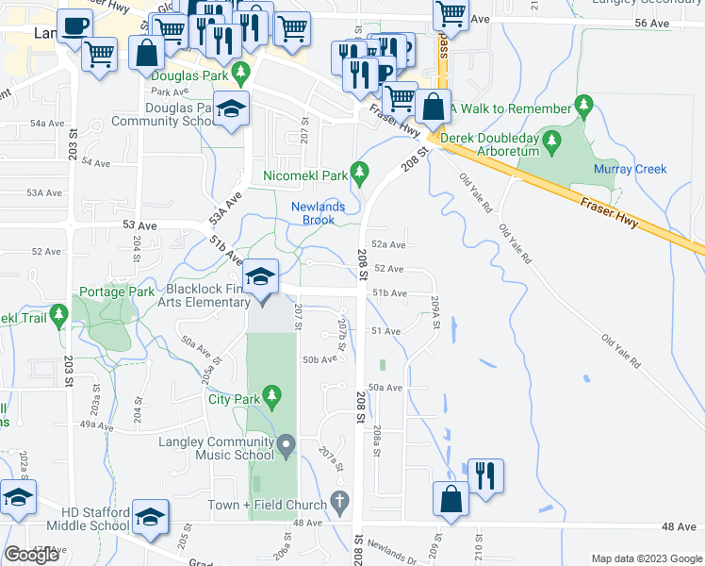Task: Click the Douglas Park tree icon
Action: tap(240, 71)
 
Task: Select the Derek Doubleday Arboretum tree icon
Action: tap(552, 143)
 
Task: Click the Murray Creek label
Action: tap(630, 170)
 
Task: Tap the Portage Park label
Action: tap(117, 291)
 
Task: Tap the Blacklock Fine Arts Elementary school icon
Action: tap(261, 276)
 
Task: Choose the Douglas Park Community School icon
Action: tap(230, 109)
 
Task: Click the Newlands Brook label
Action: tap(319, 213)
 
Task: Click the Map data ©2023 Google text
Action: tap(647, 558)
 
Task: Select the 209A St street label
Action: tap(435, 313)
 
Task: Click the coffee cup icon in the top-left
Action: tap(74, 25)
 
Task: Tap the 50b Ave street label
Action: tap(320, 359)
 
